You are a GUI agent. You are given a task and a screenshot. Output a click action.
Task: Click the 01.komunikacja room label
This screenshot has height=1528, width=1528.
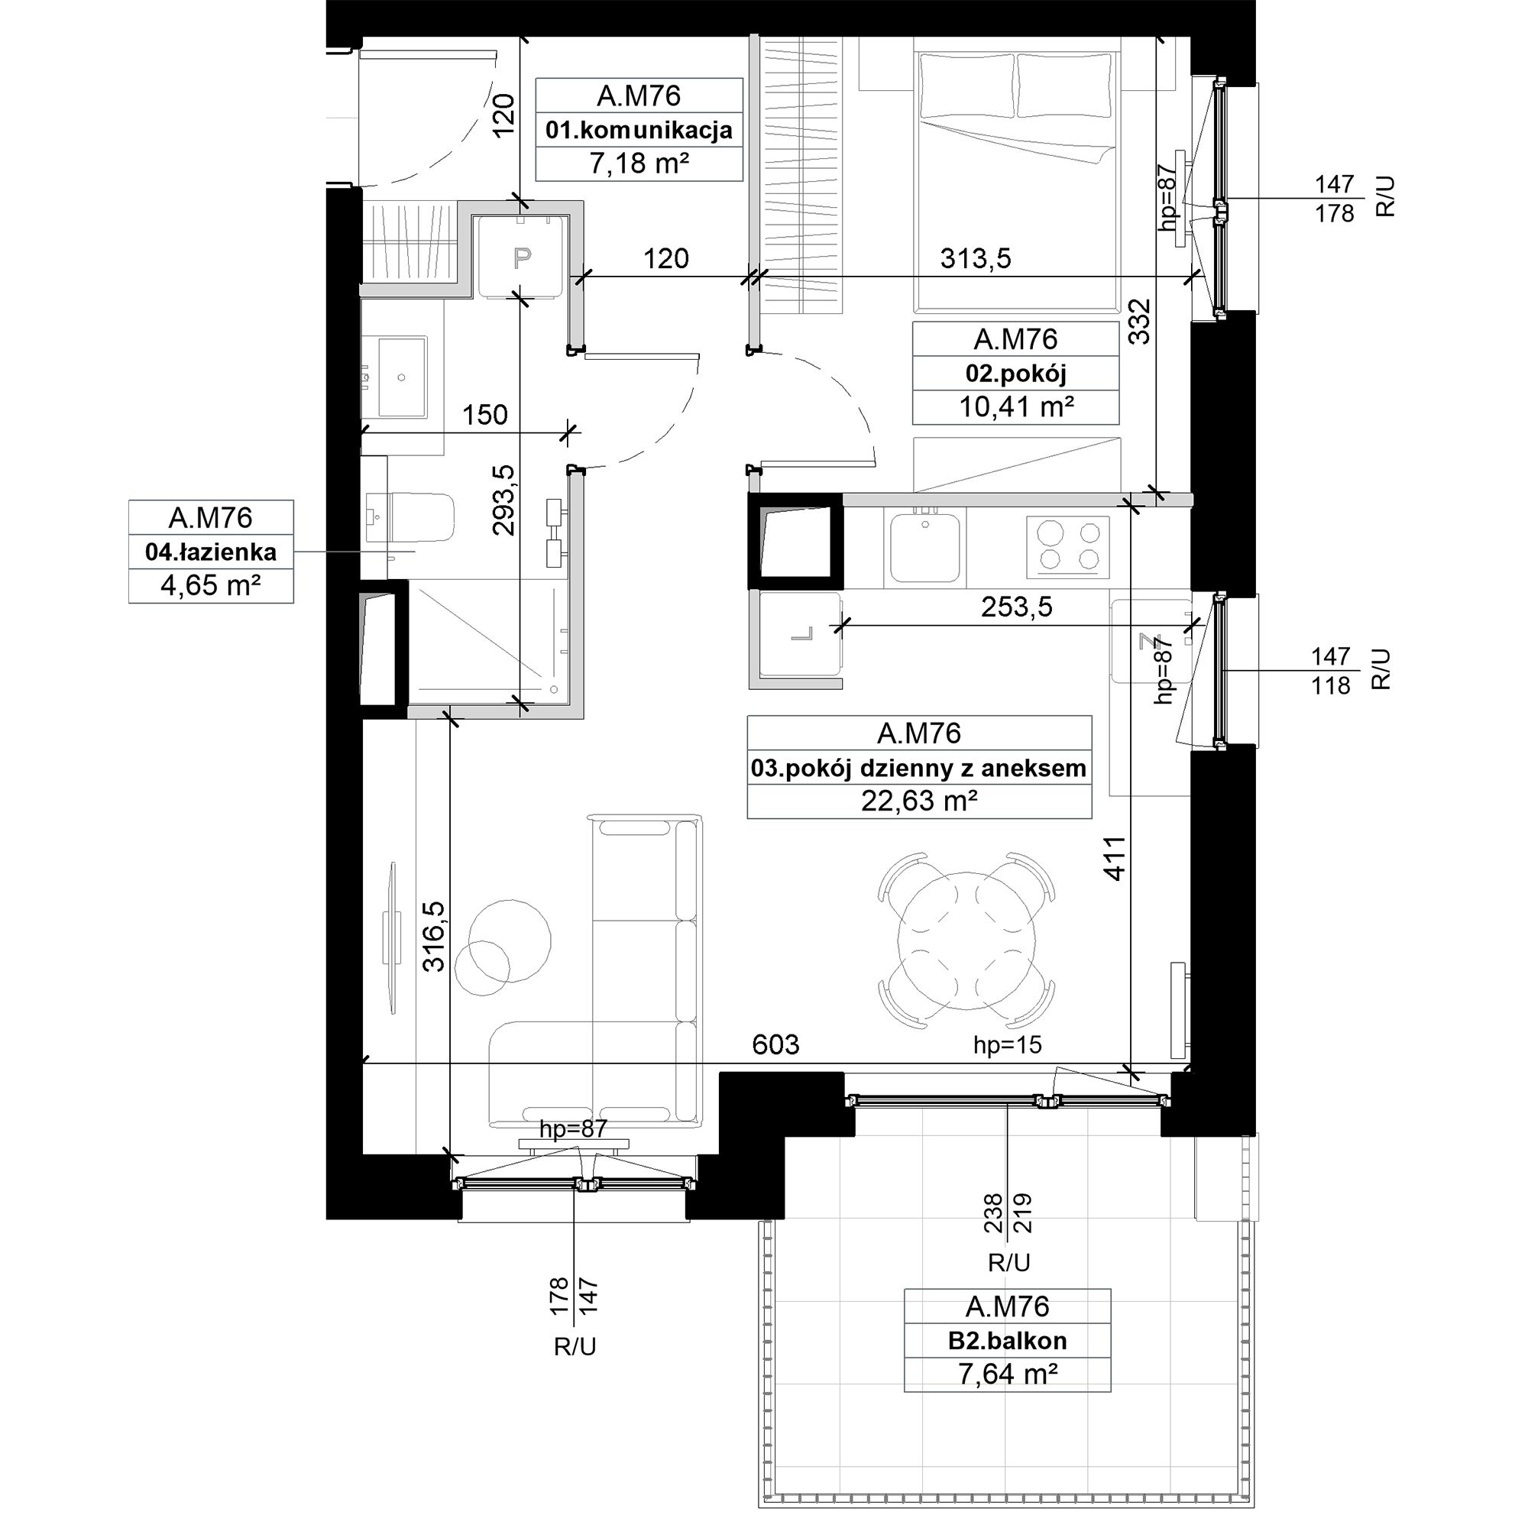639,130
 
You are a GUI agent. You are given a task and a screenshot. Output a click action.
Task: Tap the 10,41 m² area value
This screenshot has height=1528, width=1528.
1016,407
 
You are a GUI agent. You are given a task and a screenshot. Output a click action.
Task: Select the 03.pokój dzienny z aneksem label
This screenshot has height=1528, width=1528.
919,768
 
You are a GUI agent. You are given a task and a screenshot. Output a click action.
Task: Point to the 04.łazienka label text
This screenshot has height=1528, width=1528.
211,552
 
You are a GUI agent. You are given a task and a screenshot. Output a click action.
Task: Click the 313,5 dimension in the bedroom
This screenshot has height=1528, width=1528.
976,259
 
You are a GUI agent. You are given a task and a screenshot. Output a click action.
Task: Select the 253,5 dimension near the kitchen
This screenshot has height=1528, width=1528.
1017,607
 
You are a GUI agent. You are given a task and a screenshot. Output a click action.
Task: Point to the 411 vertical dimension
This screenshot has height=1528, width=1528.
1115,858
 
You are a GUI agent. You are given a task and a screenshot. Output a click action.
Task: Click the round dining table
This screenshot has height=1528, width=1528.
966,940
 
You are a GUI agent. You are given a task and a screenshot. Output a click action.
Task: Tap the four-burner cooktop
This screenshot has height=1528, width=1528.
1068,547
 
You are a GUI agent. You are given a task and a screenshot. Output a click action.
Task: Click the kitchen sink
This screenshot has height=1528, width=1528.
925,547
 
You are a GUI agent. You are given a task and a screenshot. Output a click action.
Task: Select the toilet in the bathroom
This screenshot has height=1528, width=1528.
410,517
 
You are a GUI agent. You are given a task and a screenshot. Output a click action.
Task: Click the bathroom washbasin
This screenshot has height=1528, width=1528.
402,377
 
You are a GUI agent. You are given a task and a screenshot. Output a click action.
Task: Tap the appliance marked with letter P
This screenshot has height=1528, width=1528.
521,256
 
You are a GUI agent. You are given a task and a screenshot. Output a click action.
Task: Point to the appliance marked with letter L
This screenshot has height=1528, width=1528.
801,634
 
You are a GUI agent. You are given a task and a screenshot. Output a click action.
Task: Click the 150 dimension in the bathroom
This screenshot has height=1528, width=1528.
485,414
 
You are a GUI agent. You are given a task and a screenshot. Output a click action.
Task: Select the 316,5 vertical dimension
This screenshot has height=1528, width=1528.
433,937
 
